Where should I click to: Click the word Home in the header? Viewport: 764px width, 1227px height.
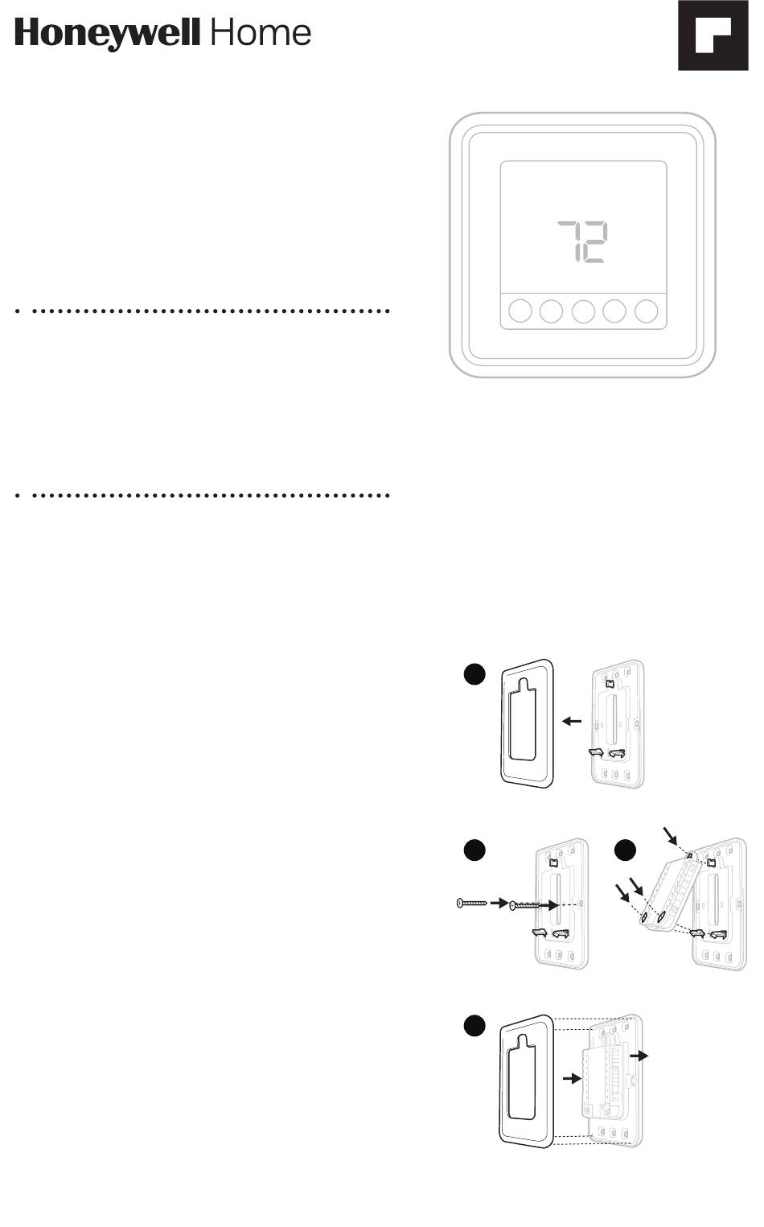[261, 33]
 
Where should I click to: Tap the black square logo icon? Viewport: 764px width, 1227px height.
[713, 36]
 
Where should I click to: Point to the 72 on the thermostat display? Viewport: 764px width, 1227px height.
[583, 242]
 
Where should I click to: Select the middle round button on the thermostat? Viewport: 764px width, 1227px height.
[583, 311]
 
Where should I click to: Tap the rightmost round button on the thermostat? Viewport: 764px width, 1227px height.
[647, 311]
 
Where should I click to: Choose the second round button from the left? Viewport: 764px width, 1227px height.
[551, 311]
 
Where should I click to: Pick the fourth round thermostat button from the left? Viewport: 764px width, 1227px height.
[615, 311]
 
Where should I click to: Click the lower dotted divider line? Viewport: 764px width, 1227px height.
[203, 495]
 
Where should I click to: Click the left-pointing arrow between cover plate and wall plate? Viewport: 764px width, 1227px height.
[572, 722]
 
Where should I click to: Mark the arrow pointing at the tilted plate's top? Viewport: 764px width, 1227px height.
[671, 834]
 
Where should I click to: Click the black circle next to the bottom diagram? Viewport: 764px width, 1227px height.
[474, 1025]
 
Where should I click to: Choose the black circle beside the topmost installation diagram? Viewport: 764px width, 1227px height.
[474, 674]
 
